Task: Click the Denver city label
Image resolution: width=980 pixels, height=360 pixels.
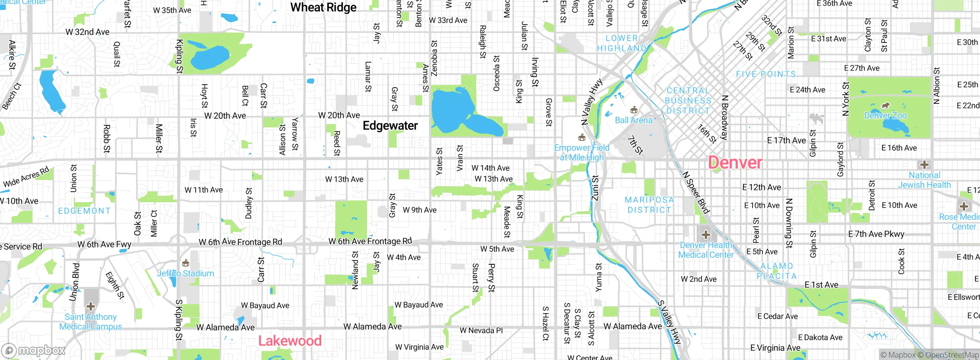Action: click(x=735, y=163)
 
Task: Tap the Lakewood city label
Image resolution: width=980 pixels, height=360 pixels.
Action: click(x=290, y=340)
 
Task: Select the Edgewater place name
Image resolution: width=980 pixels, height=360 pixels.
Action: click(x=390, y=126)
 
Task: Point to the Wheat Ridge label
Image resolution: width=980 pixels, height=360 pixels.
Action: click(x=323, y=7)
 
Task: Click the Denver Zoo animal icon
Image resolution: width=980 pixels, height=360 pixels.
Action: click(x=885, y=106)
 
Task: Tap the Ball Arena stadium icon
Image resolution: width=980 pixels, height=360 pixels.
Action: click(x=634, y=110)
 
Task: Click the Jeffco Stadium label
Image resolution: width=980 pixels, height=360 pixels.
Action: click(x=185, y=273)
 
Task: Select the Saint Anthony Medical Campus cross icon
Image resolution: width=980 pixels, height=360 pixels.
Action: click(x=91, y=306)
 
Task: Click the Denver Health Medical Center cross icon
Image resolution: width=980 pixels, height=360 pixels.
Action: click(x=706, y=235)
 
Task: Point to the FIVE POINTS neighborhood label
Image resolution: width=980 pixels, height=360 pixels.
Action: click(x=766, y=74)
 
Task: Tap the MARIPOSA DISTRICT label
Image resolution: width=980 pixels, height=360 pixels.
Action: click(x=649, y=205)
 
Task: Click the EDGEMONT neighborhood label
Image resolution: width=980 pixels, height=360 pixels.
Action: click(x=84, y=211)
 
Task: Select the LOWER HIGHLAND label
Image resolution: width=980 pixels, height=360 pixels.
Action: click(x=622, y=43)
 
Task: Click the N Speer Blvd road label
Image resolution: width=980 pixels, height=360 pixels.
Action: click(x=696, y=192)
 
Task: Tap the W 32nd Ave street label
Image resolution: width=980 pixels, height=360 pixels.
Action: click(x=88, y=32)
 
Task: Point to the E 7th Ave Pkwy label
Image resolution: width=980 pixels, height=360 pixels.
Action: click(x=876, y=234)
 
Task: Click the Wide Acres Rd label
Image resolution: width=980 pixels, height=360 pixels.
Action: click(x=26, y=177)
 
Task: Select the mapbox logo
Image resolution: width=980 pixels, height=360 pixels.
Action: click(x=34, y=350)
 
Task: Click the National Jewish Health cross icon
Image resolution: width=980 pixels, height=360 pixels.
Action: click(x=924, y=165)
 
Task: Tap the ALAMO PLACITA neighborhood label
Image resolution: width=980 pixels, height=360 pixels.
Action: click(x=777, y=271)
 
